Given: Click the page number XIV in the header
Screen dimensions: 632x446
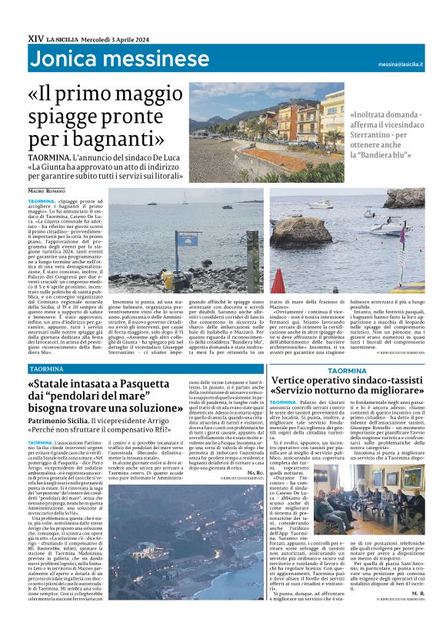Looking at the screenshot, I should (35, 35).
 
